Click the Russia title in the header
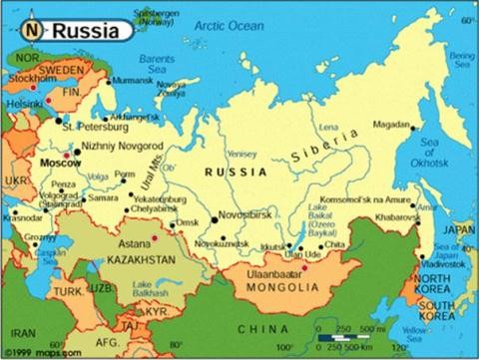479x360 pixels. pos(86,30)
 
